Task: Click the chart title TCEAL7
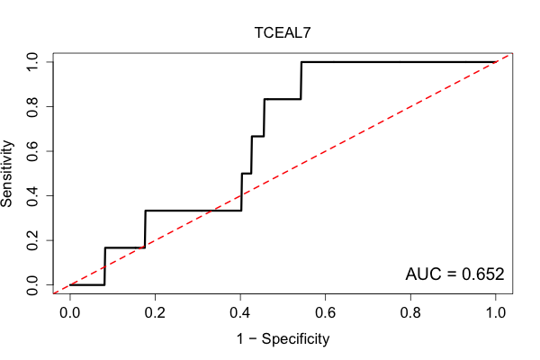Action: click(x=283, y=32)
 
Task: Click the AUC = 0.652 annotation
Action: click(x=454, y=274)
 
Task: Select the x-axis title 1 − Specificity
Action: click(x=283, y=339)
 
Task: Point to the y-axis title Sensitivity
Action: click(x=6, y=174)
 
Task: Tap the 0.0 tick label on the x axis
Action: click(x=70, y=313)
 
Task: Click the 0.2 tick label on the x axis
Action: click(x=155, y=313)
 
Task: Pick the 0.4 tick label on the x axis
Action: click(x=240, y=313)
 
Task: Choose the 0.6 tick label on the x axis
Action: click(x=325, y=313)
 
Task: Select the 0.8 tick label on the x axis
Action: click(x=410, y=313)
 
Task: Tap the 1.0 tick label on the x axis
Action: click(x=496, y=313)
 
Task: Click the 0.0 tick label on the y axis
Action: click(x=32, y=285)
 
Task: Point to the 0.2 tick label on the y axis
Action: click(x=32, y=240)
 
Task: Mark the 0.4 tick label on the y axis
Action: click(x=32, y=195)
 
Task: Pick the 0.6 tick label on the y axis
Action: click(x=32, y=151)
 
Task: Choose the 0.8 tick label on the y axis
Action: click(x=32, y=106)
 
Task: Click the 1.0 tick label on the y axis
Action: click(x=32, y=62)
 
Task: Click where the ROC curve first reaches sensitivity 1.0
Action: click(x=301, y=62)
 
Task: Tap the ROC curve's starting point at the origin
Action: click(x=70, y=285)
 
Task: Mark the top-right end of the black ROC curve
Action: click(x=496, y=62)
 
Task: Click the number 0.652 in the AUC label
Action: click(x=482, y=274)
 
